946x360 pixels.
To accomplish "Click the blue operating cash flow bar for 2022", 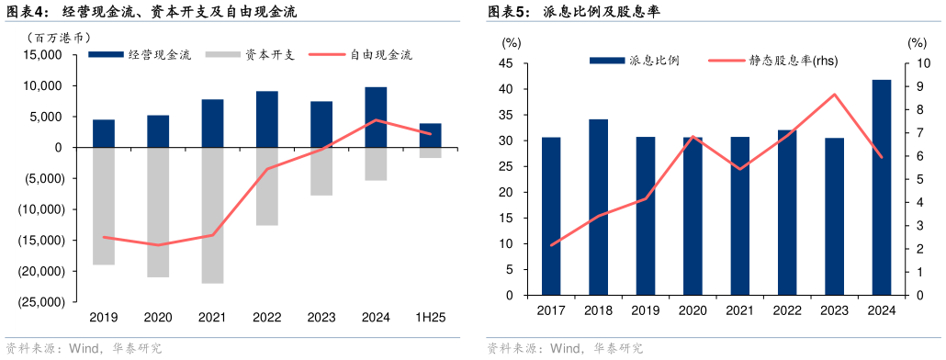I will (267, 119).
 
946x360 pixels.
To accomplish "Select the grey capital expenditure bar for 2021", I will (212, 215).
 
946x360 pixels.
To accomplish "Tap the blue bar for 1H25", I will (430, 135).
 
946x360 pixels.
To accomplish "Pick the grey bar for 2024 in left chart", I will (376, 163).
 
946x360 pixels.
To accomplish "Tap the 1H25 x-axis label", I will (430, 317).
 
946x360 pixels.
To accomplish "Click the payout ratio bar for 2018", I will (598, 208).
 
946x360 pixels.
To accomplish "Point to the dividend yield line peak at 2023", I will (834, 95).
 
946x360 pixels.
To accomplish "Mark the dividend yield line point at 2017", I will (551, 245).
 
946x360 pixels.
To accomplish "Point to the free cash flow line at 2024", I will (376, 120).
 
